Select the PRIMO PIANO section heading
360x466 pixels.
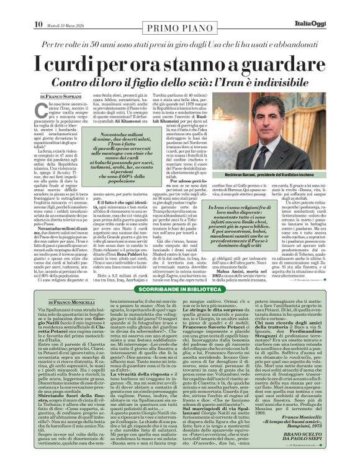click(179, 14)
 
